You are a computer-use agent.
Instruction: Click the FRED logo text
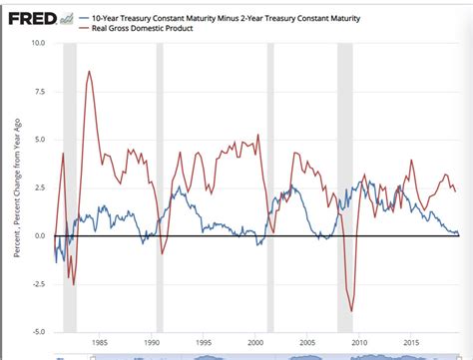[31, 18]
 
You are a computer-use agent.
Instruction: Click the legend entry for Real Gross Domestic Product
[136, 29]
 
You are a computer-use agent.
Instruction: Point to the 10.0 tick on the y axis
[38, 44]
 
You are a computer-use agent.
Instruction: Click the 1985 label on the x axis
[100, 341]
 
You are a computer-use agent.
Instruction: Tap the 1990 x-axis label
[152, 341]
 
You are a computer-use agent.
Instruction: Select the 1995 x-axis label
[204, 341]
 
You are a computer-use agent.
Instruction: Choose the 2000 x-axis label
[255, 341]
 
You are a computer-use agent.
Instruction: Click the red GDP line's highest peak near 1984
[90, 72]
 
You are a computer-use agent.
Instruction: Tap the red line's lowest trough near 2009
[351, 311]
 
